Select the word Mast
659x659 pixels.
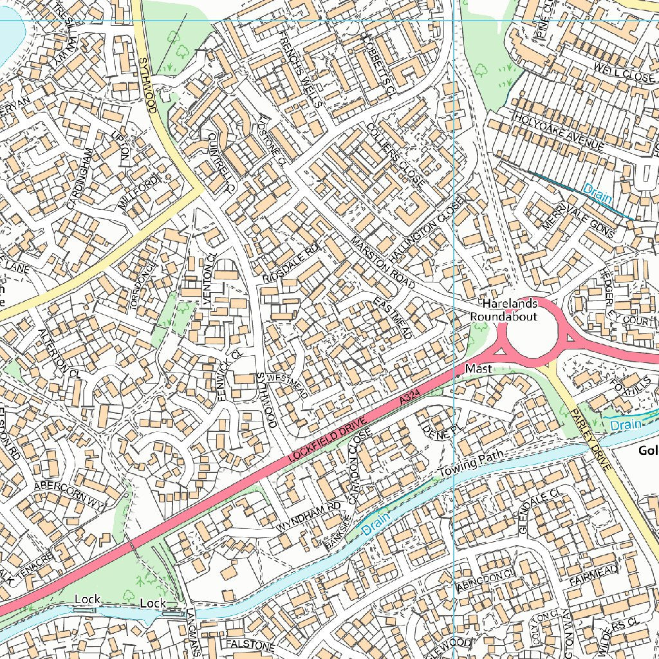click(x=478, y=369)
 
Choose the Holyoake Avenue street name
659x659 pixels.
click(x=559, y=133)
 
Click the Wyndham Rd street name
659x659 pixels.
click(x=309, y=517)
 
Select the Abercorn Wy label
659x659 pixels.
click(x=70, y=494)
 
